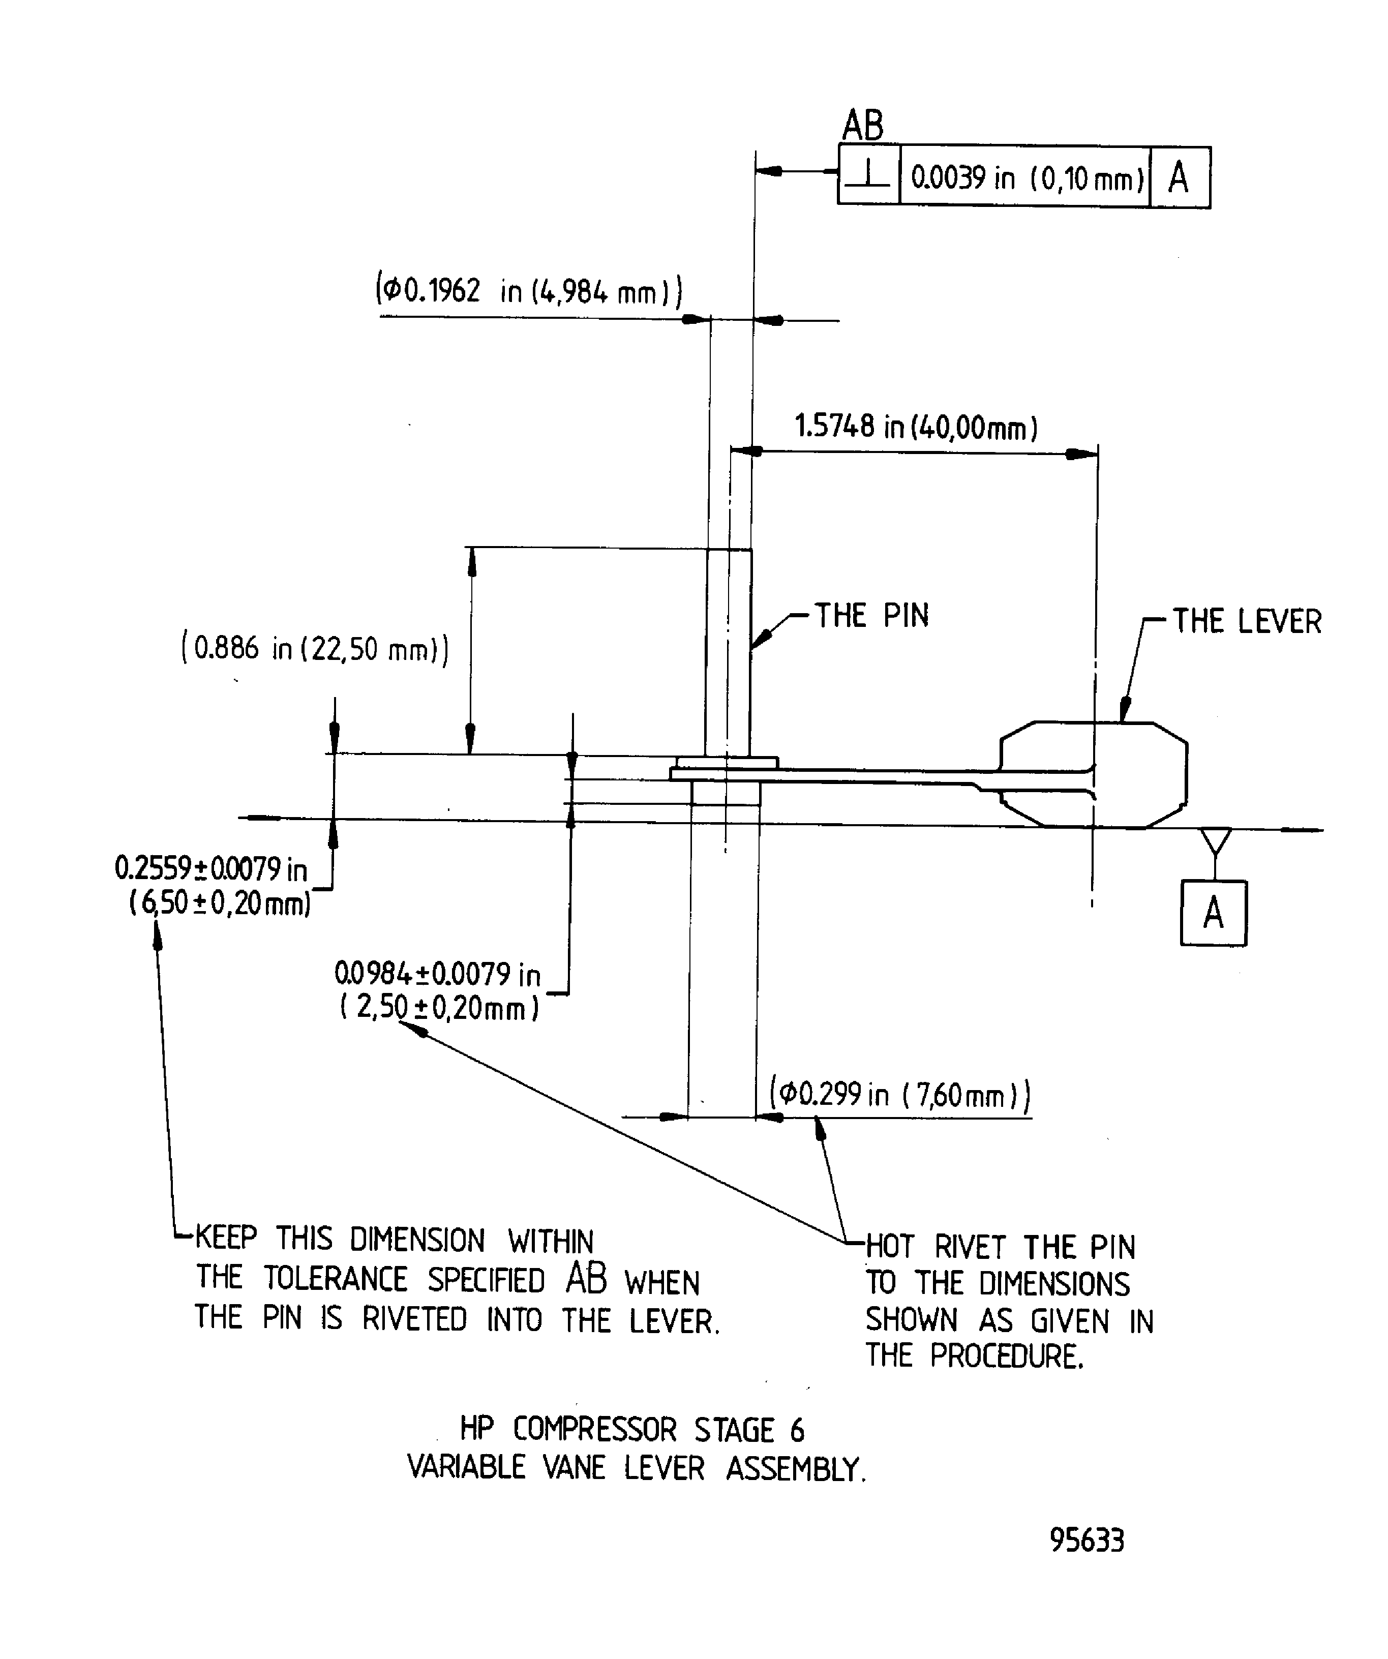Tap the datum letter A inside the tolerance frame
click(1179, 177)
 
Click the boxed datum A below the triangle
click(1214, 913)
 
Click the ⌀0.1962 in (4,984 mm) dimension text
click(528, 291)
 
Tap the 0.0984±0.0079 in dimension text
click(438, 974)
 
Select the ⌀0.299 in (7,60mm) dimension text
click(900, 1094)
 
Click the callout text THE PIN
click(871, 615)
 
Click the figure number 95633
click(1087, 1539)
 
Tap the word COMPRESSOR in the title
click(595, 1430)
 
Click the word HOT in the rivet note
click(890, 1247)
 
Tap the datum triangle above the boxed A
click(1216, 840)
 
